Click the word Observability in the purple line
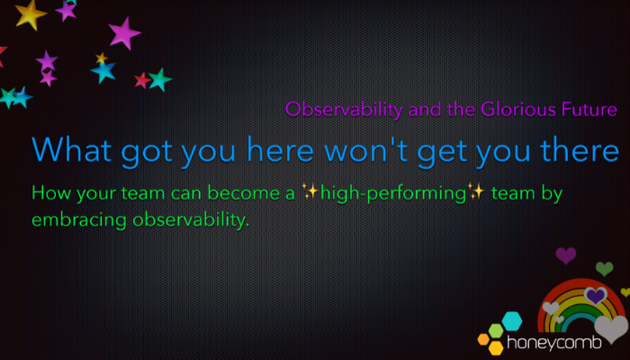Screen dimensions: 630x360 [x=344, y=110]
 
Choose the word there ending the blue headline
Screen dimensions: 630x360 [x=580, y=149]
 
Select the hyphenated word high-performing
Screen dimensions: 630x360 [x=393, y=193]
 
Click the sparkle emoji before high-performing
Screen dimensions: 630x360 [x=310, y=191]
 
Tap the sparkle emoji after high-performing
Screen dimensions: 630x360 [x=476, y=191]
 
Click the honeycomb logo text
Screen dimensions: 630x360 [x=554, y=343]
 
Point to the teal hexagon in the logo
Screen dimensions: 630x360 [x=512, y=320]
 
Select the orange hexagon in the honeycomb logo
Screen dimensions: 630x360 [x=483, y=339]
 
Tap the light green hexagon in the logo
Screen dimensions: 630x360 [x=496, y=330]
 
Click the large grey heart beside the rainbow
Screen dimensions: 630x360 [x=611, y=328]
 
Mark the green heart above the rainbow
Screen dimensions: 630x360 [x=604, y=268]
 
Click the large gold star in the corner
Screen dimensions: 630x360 [x=30, y=14]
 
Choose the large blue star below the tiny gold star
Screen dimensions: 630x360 [x=104, y=71]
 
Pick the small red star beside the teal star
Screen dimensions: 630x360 [x=142, y=80]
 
